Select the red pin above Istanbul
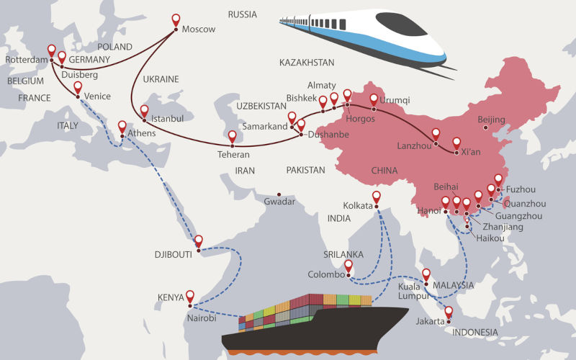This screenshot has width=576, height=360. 144,112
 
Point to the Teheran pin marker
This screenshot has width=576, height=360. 233,136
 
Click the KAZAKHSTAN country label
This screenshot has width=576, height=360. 307,63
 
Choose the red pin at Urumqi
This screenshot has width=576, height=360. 374,99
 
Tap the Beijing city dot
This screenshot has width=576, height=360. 486,128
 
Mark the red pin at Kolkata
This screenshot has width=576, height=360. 377,197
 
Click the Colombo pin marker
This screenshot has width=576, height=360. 348,266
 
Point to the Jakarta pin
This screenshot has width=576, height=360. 449,312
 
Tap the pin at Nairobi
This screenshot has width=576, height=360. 190,296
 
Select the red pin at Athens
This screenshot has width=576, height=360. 122,127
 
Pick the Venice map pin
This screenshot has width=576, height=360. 78,88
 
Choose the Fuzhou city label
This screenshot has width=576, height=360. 521,189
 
